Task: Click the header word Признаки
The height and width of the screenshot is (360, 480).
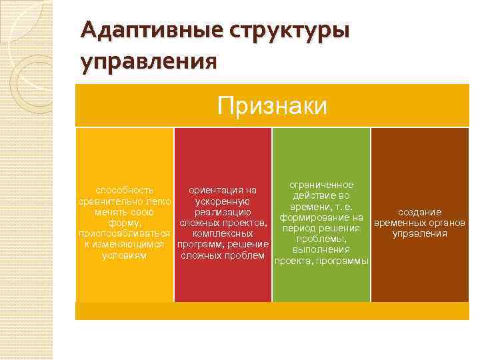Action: (x=272, y=105)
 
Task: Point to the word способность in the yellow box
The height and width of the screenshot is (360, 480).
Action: (x=125, y=190)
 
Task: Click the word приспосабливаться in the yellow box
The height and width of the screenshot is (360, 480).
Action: (x=125, y=233)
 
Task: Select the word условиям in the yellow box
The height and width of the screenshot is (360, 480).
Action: (x=125, y=255)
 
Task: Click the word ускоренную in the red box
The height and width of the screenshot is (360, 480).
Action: (x=223, y=201)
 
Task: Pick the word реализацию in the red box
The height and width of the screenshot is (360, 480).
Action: (x=223, y=211)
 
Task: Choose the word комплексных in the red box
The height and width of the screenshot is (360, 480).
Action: (x=223, y=233)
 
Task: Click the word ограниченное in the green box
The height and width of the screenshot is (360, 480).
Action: (x=321, y=185)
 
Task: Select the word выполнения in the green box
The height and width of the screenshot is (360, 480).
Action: (x=321, y=249)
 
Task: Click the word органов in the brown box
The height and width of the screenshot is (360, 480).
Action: (x=445, y=223)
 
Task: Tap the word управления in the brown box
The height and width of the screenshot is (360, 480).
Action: (x=419, y=233)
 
